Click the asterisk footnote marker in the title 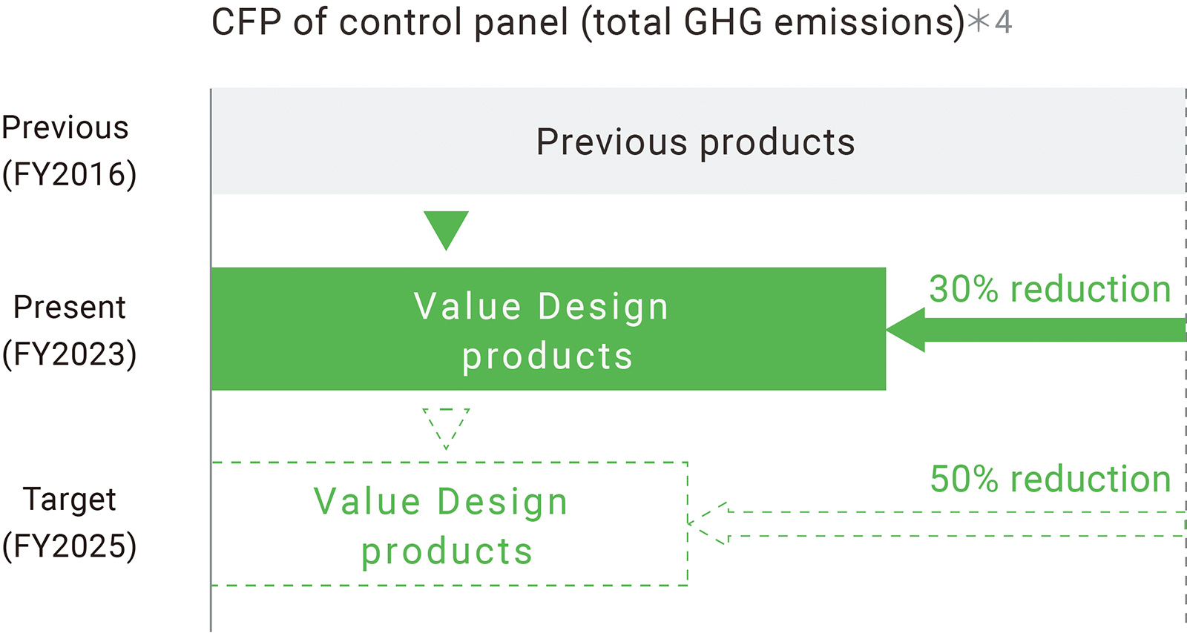pos(979,21)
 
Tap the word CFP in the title pos(246,22)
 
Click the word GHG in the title pos(723,22)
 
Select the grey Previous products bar pos(698,142)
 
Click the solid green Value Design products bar pos(548,328)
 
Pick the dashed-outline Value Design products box pos(450,524)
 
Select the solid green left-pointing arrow pos(1035,330)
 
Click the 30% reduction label pos(1050,290)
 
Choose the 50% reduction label pos(1050,479)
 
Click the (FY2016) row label pos(70,175)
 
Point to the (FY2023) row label pos(70,354)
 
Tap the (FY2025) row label pos(70,546)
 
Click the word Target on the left pos(70,500)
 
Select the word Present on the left pos(70,308)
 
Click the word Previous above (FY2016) pos(65,127)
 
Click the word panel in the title pos(521,23)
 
